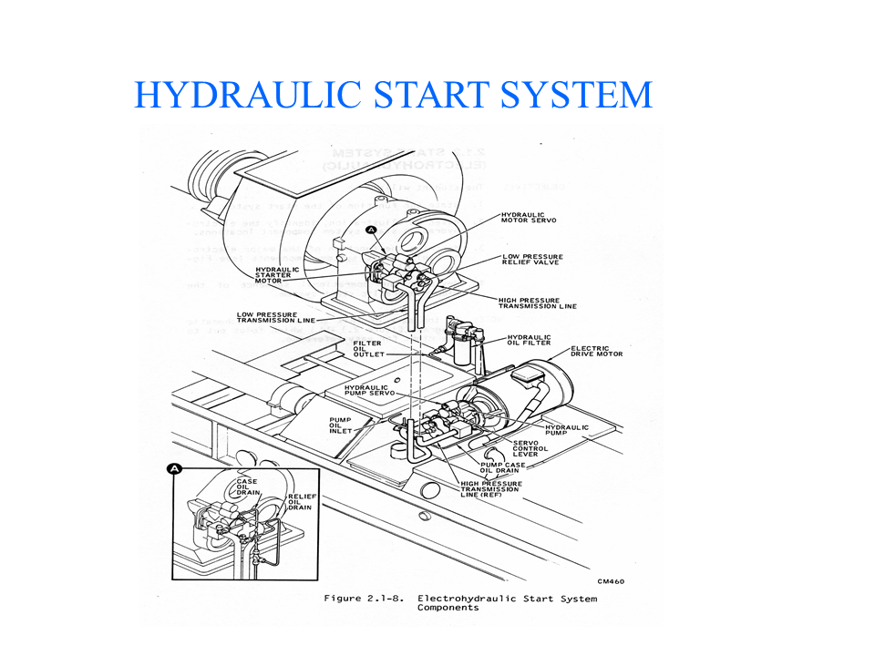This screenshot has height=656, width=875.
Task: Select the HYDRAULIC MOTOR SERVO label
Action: [x=529, y=220]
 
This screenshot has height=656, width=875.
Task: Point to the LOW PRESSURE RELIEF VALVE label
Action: [x=532, y=259]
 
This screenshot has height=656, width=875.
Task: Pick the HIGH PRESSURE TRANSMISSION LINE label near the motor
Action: [x=538, y=302]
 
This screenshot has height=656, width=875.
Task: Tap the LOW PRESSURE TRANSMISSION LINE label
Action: [x=278, y=318]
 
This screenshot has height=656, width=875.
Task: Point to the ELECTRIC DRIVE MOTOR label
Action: [x=596, y=351]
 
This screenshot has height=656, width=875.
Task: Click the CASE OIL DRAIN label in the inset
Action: [x=247, y=487]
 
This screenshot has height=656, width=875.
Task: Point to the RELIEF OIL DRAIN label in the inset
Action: [x=301, y=502]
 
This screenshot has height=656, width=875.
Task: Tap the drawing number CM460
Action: [x=611, y=581]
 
